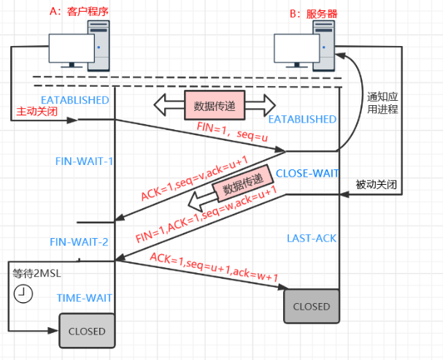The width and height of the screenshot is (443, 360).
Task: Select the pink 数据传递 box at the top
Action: (x=214, y=104)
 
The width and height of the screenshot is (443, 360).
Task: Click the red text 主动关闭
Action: (x=36, y=112)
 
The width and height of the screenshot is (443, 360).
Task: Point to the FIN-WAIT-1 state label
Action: (x=85, y=161)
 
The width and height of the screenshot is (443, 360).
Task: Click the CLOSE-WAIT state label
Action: (x=307, y=173)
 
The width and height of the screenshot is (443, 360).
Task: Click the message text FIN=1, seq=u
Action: (x=228, y=131)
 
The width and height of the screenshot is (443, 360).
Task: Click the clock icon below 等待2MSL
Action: (x=23, y=294)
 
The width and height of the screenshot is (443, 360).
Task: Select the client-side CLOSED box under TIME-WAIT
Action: (x=86, y=331)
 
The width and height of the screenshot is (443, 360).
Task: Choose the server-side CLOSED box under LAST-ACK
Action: (x=312, y=306)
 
